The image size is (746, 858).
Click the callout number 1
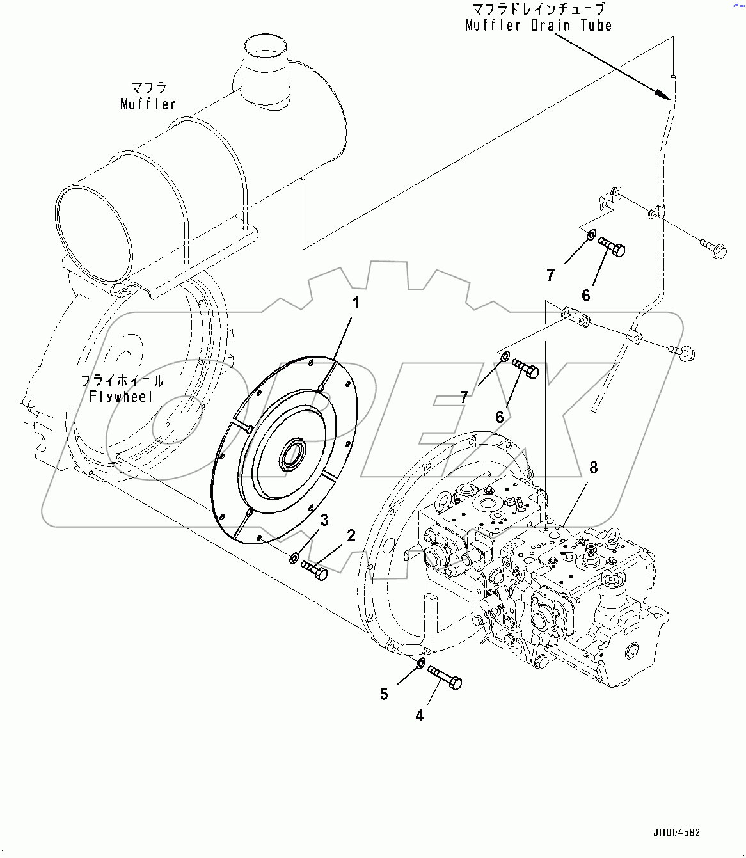click(355, 303)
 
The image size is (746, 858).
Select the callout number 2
click(351, 536)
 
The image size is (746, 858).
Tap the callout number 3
click(324, 520)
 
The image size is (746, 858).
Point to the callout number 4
click(420, 715)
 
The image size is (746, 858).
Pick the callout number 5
click(384, 694)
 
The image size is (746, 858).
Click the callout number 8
click(593, 468)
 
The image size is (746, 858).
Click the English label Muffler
click(148, 104)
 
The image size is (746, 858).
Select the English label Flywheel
click(121, 397)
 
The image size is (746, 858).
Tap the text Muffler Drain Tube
click(538, 26)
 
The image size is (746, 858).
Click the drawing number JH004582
click(676, 832)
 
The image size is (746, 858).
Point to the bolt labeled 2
click(314, 569)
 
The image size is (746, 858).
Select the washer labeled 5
click(420, 663)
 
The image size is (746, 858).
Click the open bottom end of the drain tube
click(595, 407)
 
